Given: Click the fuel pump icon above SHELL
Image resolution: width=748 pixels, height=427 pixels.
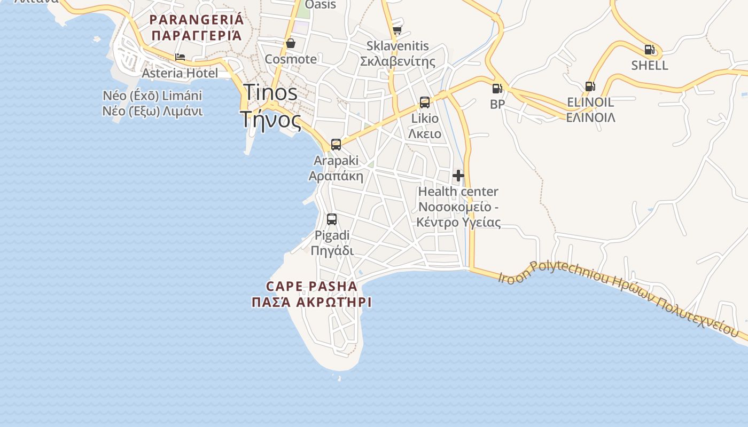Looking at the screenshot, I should (x=649, y=50).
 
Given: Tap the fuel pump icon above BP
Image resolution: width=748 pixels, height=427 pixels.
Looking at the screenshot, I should (x=497, y=89).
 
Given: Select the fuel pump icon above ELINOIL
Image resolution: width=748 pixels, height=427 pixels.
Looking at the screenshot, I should (x=590, y=86).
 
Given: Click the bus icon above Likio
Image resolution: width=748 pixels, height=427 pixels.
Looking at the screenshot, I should (x=425, y=102).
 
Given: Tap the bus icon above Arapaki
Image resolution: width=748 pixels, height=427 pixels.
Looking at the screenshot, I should (x=336, y=144).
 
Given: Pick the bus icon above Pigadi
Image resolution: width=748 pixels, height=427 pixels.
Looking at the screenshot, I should (x=331, y=219).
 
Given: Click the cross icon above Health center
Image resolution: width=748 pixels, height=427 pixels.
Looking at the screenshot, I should (x=458, y=175).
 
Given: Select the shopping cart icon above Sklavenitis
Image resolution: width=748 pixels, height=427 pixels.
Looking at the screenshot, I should (x=397, y=30).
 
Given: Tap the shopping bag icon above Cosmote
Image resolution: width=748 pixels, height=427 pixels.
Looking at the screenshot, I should (x=291, y=43).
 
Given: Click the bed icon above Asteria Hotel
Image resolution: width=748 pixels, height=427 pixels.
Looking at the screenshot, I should (x=180, y=57).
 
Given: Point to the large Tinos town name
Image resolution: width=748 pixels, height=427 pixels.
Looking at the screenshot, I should (x=270, y=92).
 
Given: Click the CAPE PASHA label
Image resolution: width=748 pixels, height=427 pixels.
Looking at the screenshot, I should (x=311, y=286).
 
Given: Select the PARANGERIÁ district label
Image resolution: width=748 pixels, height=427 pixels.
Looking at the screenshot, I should (x=197, y=20).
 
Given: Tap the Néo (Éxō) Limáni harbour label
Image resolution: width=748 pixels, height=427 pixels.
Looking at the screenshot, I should (x=153, y=96).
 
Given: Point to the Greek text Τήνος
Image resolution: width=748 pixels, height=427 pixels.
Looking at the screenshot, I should (x=270, y=120).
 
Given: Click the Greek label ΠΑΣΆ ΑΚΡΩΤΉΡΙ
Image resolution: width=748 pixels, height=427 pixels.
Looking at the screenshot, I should (x=311, y=302).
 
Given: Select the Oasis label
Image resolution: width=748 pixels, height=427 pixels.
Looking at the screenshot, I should (x=321, y=5).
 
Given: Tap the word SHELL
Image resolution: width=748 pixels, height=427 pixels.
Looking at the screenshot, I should (x=649, y=65).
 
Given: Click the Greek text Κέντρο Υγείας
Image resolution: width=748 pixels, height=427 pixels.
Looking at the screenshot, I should (x=458, y=222).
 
